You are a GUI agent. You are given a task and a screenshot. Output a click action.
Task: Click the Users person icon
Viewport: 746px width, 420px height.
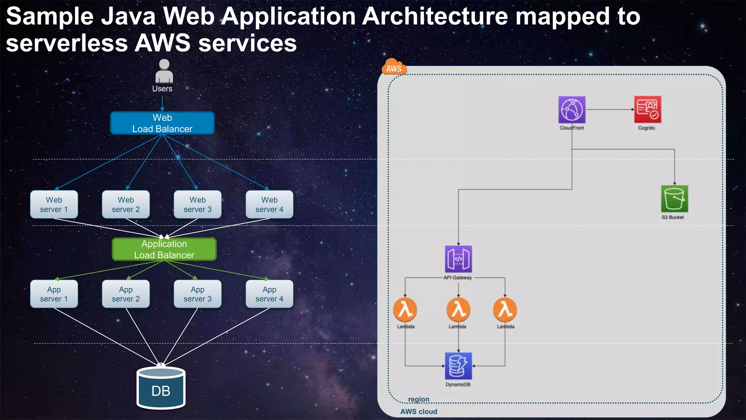pyautogui.click(x=164, y=71)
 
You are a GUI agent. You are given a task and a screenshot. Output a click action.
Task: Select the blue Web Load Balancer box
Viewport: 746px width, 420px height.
pyautogui.click(x=162, y=123)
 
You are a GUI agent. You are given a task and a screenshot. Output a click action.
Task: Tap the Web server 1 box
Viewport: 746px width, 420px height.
pyautogui.click(x=54, y=205)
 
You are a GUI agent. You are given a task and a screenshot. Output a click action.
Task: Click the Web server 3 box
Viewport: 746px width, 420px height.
pyautogui.click(x=197, y=205)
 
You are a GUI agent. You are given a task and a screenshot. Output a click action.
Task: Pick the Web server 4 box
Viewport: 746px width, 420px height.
pyautogui.click(x=269, y=205)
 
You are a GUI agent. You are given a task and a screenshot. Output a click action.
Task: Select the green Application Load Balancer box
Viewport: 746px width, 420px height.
pyautogui.click(x=164, y=249)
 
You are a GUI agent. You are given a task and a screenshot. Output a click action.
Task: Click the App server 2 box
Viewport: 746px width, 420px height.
pyautogui.click(x=126, y=294)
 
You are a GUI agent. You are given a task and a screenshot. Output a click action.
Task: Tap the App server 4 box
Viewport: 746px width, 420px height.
pyautogui.click(x=269, y=294)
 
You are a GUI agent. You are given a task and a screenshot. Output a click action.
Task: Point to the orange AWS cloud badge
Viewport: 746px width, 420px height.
pyautogui.click(x=394, y=67)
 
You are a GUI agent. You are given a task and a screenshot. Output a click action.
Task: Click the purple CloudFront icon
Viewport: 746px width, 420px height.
pyautogui.click(x=572, y=110)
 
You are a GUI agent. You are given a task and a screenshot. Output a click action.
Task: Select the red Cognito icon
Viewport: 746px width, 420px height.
pyautogui.click(x=647, y=110)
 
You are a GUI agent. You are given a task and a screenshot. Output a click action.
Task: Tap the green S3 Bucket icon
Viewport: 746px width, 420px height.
pyautogui.click(x=674, y=199)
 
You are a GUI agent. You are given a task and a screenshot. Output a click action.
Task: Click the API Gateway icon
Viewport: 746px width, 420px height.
pyautogui.click(x=458, y=259)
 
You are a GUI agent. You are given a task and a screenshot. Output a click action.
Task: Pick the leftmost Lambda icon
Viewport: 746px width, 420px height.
pyautogui.click(x=405, y=310)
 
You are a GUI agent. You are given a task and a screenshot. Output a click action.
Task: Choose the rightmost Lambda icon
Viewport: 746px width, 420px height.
pyautogui.click(x=505, y=310)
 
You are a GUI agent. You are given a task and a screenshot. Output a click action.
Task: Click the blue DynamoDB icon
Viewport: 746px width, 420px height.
pyautogui.click(x=458, y=366)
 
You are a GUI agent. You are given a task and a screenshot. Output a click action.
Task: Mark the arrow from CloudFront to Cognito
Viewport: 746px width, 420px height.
pyautogui.click(x=610, y=109)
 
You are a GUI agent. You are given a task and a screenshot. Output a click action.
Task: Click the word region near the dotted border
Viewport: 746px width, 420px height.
pyautogui.click(x=419, y=399)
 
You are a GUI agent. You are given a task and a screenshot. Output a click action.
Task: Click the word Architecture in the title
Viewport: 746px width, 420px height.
pyautogui.click(x=435, y=16)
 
